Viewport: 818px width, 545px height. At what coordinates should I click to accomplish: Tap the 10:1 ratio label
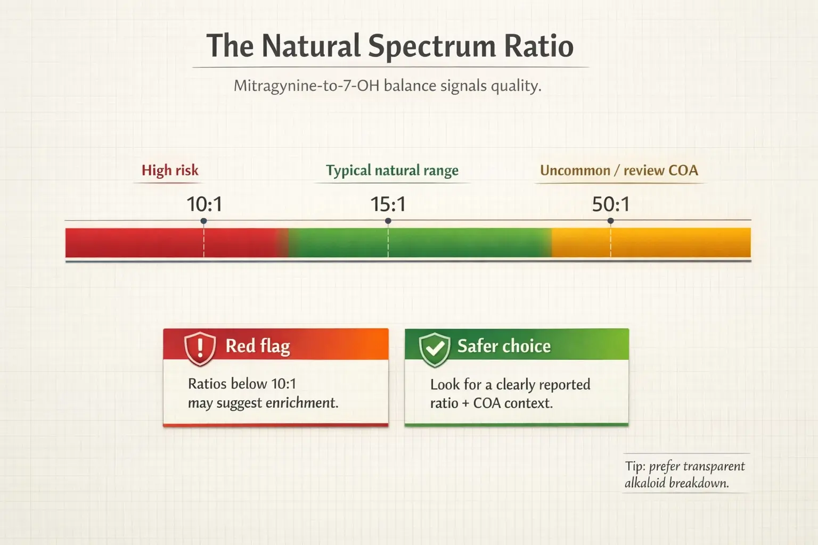pos(204,204)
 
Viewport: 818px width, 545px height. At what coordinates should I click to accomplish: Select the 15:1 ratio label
pos(388,204)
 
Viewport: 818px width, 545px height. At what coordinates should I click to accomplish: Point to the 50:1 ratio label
pos(610,204)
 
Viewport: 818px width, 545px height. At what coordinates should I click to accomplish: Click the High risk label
pos(170,170)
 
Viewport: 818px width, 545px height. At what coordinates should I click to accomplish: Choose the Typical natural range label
pos(392,170)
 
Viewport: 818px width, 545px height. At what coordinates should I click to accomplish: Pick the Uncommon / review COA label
pos(619,170)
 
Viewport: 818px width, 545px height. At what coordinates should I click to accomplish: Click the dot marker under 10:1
pos(203,221)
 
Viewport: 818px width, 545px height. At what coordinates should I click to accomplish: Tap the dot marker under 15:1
pos(388,221)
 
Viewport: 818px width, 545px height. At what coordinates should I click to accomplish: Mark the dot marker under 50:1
pos(610,221)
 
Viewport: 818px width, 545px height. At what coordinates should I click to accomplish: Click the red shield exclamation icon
pos(200,349)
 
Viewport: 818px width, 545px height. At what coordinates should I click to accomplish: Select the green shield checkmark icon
pos(435,349)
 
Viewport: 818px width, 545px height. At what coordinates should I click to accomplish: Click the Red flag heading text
pos(258,346)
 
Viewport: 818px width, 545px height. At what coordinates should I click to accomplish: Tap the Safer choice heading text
pos(504,346)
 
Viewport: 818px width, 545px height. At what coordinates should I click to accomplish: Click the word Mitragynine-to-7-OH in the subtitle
pos(307,86)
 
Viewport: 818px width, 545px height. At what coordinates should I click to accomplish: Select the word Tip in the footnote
pos(634,467)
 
